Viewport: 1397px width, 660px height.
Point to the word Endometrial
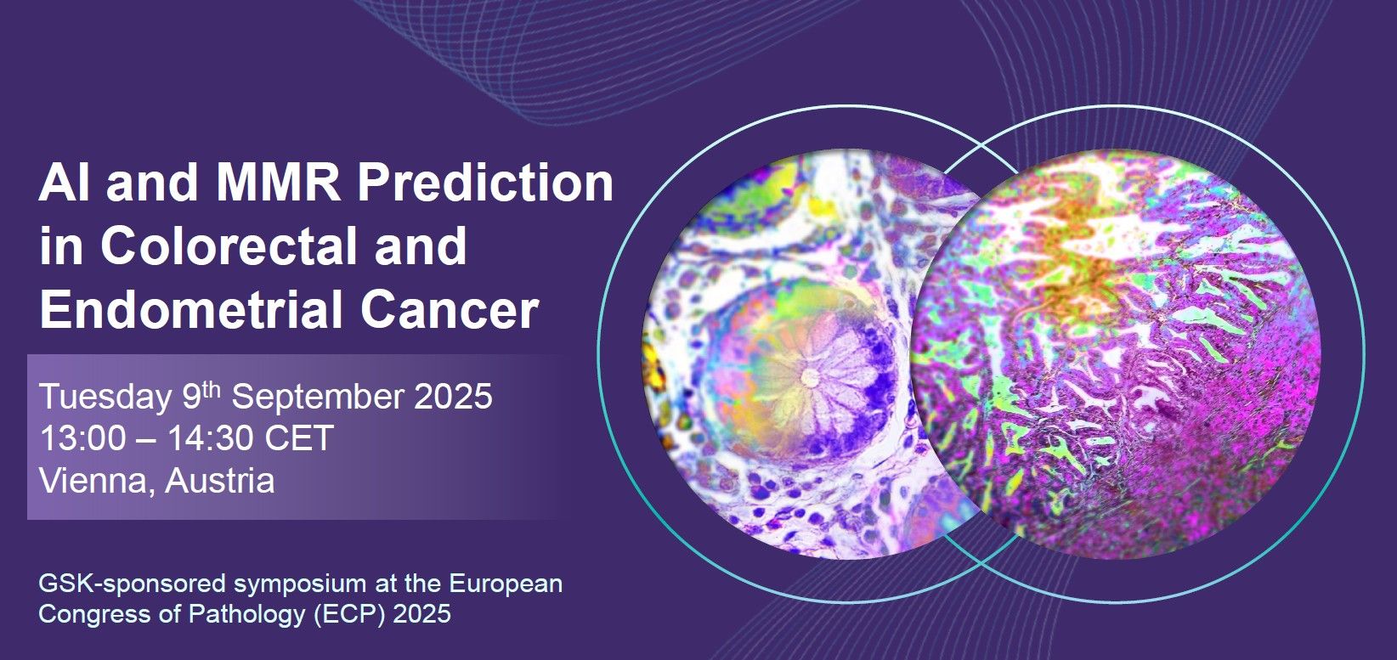(x=191, y=309)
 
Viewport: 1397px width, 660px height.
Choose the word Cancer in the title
(x=449, y=310)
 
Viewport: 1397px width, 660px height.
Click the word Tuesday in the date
(x=105, y=398)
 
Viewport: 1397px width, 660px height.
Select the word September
(x=318, y=398)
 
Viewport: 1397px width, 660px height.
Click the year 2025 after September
(x=454, y=397)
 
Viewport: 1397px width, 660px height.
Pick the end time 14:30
(x=210, y=438)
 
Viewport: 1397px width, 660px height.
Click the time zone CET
(x=299, y=438)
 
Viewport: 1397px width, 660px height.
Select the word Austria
(x=219, y=481)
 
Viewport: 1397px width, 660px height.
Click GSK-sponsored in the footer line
(x=133, y=584)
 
